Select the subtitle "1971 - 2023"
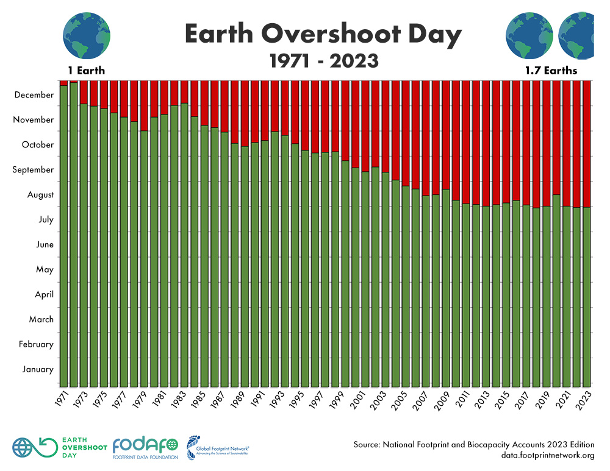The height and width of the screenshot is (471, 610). [323, 61]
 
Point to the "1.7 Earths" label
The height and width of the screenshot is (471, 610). [551, 71]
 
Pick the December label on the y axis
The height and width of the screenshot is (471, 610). [34, 95]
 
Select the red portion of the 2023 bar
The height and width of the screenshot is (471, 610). [587, 143]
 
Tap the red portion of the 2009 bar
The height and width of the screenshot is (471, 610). [446, 134]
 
